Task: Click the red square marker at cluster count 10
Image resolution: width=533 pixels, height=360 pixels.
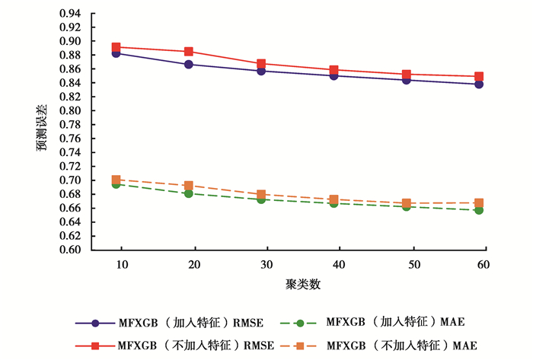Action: (x=116, y=47)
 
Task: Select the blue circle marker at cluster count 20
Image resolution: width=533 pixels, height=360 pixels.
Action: (x=189, y=65)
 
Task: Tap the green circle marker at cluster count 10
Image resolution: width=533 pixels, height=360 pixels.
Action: (x=116, y=184)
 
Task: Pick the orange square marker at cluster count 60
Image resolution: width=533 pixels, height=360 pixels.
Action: (x=480, y=203)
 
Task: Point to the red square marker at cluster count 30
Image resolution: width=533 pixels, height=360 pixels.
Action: (x=261, y=64)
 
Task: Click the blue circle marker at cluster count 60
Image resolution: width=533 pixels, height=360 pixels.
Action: (x=480, y=84)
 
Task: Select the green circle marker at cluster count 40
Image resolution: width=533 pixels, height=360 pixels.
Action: (x=334, y=203)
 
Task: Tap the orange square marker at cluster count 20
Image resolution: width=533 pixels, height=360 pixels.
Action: (x=189, y=186)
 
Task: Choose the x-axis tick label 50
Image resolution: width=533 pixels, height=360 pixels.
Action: (x=410, y=263)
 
